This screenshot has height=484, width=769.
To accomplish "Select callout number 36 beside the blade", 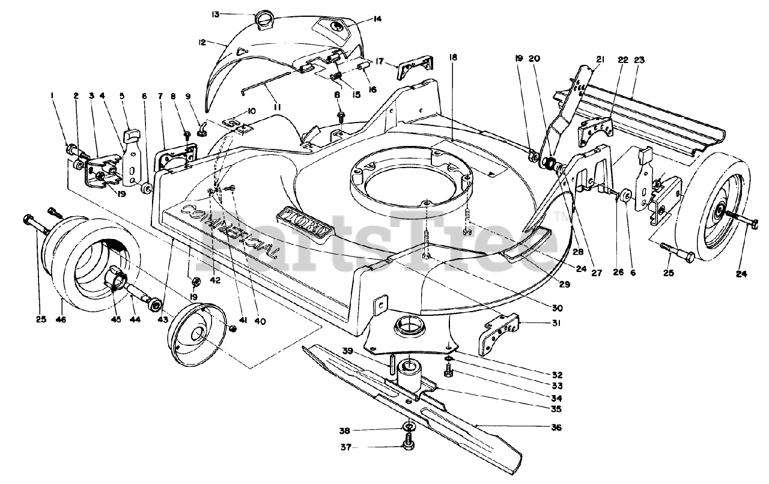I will point(556,428).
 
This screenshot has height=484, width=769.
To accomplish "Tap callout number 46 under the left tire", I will point(61,320).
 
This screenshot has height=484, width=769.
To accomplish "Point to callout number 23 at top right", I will point(639,60).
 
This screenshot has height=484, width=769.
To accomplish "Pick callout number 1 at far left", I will point(53,95).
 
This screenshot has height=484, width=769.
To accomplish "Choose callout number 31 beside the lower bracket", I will point(557,322).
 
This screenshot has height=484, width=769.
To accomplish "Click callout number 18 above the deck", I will point(452,58).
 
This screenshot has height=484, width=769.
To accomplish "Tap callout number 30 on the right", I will point(557,308).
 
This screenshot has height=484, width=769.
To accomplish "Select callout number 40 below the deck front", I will point(260,321).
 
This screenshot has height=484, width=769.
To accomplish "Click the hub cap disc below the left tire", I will point(198,334).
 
